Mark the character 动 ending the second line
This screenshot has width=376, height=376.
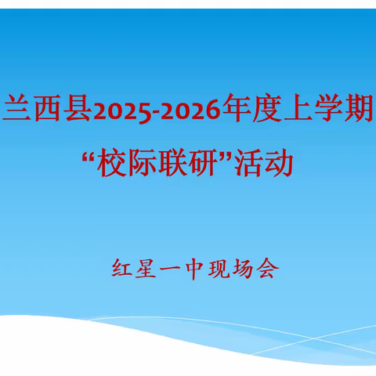(277, 164)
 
